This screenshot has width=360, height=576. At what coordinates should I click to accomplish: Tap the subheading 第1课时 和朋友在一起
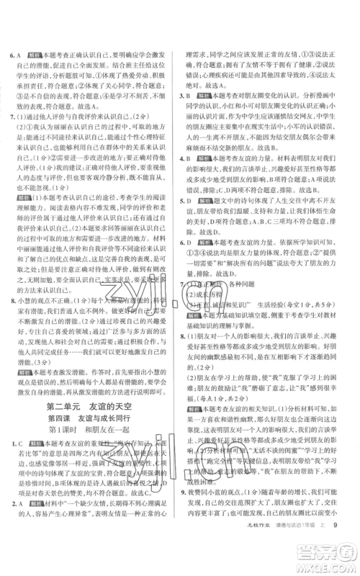click(x=92, y=436)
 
